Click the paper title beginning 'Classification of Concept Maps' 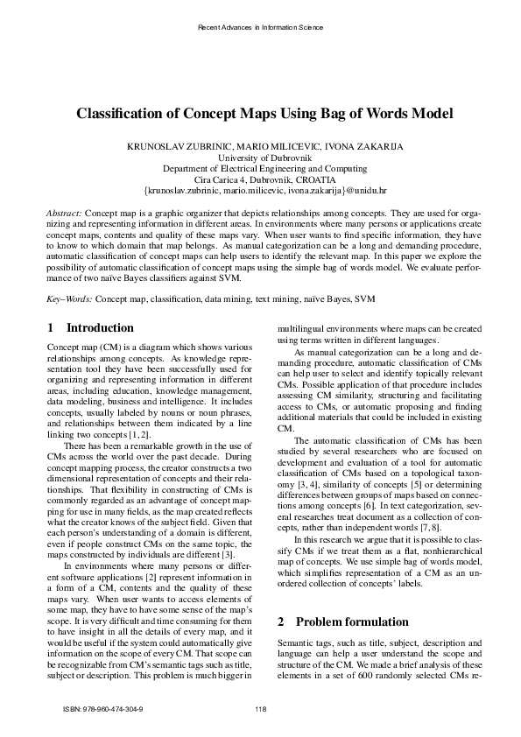[260, 114]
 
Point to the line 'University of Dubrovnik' [260, 157]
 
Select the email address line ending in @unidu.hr [260, 189]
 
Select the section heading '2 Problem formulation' [327, 622]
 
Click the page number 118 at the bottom [260, 708]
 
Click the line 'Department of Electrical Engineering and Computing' [260, 167]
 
